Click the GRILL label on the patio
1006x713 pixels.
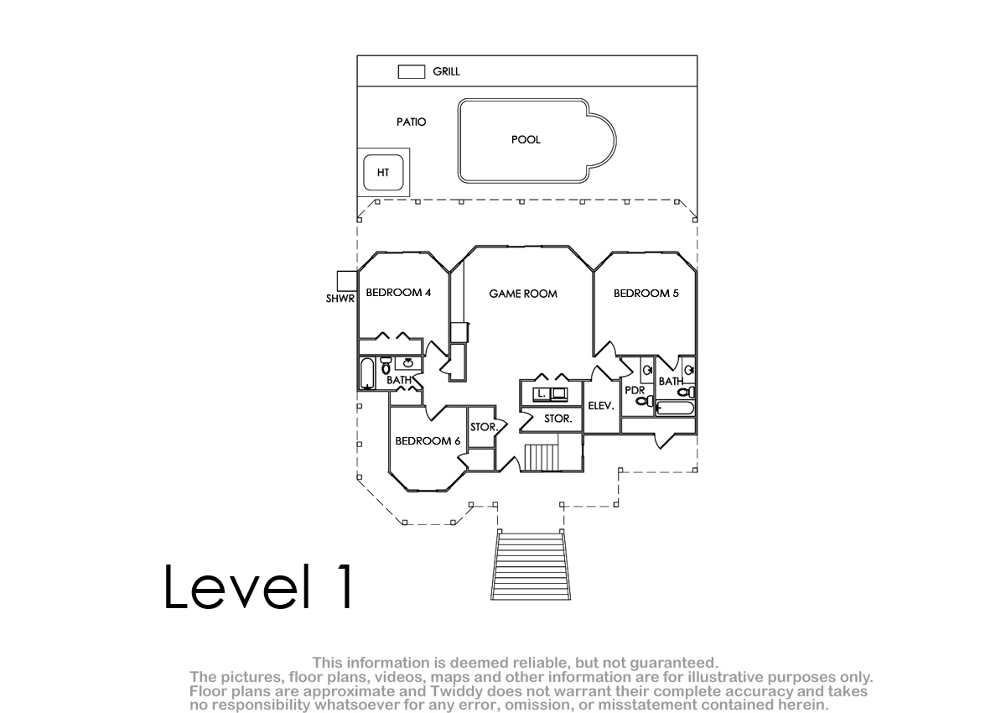(446, 72)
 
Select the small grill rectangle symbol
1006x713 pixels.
(411, 72)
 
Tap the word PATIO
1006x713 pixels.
(411, 122)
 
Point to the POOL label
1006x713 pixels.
(526, 140)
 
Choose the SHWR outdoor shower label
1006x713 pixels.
(340, 299)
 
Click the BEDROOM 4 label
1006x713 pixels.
(398, 294)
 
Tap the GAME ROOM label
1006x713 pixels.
(523, 294)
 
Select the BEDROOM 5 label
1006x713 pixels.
(646, 294)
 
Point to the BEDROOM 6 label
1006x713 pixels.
(428, 441)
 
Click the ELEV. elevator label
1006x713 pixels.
(601, 406)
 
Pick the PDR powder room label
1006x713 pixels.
(635, 391)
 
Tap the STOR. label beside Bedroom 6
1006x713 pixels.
(484, 428)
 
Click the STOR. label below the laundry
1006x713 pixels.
(557, 419)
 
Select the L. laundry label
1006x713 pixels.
(542, 393)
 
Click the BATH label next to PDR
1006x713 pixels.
(671, 382)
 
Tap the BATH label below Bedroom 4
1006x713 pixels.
(399, 381)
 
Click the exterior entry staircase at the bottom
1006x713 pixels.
(530, 566)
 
